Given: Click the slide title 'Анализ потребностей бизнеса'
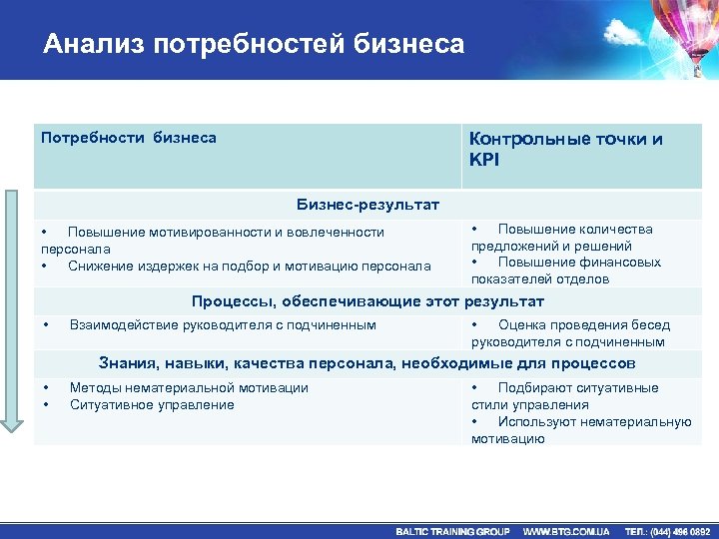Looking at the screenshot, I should coord(254,44).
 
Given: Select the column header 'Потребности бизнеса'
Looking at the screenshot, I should coord(128,137).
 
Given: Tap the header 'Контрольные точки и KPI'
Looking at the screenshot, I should coord(565,149).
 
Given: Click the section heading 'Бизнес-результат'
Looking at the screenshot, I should coord(367,205).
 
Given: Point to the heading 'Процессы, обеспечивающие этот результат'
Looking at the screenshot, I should coord(367,300).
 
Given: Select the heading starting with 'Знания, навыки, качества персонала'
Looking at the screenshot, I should coord(367,363).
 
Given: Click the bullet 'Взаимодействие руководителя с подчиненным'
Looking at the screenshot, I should coord(222,324).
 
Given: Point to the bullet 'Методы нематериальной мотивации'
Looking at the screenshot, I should coord(188,387).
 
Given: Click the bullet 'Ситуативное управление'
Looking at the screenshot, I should coord(152,404).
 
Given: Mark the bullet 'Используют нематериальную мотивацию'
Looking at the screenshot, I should coord(581,430).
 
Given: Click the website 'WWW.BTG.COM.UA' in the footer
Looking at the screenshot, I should coord(566,531).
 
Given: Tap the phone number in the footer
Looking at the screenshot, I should coord(667,531).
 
